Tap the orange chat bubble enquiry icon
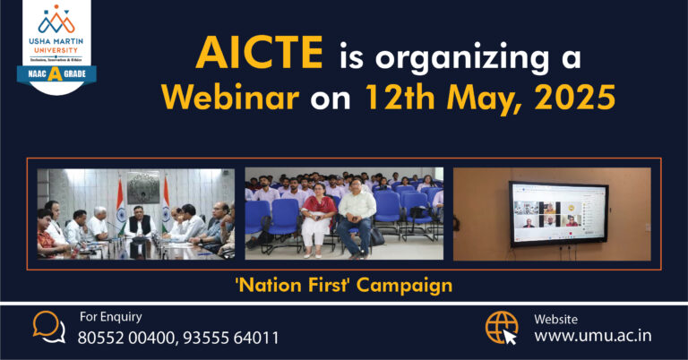click(49, 327)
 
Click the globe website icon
click(503, 328)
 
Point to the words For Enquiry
click(110, 316)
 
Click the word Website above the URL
click(555, 318)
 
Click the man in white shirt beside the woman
click(357, 219)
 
